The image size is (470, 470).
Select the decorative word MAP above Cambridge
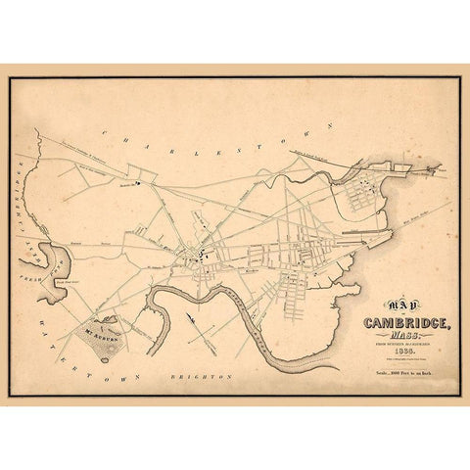click(x=379, y=305)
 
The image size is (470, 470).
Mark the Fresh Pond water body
click(x=51, y=262)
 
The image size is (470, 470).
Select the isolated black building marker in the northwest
click(x=140, y=182)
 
